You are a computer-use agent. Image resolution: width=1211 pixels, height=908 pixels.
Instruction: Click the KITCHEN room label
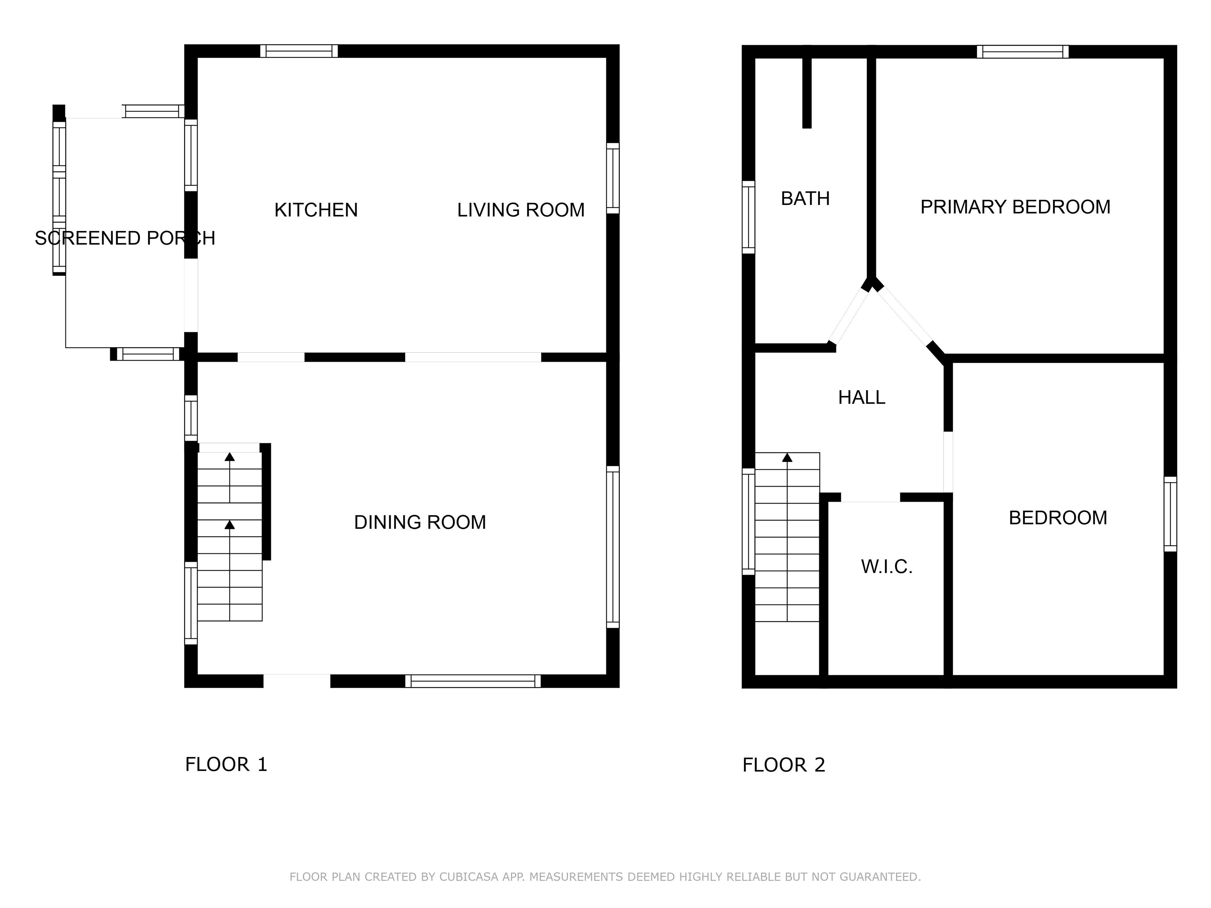316,210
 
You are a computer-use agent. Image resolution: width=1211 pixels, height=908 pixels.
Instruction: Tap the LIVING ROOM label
521,210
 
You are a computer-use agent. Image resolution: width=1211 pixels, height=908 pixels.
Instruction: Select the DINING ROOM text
420,522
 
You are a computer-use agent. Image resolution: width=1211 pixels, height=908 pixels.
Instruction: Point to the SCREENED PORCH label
125,238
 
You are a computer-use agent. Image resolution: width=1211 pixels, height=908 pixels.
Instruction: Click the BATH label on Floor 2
805,199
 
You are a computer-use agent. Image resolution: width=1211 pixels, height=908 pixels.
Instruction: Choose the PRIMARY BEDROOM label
1015,207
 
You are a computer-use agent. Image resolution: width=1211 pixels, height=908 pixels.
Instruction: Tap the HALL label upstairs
861,397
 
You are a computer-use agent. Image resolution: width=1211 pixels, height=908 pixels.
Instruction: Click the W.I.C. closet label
886,566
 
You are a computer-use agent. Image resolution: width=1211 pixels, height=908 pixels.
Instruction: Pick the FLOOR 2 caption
783,765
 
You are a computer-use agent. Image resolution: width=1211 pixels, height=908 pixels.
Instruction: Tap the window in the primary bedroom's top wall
1023,52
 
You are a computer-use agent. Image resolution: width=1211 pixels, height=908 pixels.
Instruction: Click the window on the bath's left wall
748,217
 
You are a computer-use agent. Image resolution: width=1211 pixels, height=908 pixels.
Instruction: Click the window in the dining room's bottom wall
473,681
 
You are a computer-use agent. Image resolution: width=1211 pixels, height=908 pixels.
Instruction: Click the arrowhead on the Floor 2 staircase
787,458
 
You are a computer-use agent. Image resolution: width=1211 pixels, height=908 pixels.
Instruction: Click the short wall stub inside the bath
807,93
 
